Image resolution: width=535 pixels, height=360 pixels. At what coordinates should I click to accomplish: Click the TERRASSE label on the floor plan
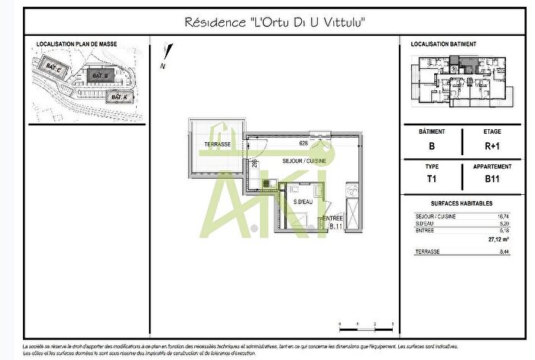(x=218, y=144)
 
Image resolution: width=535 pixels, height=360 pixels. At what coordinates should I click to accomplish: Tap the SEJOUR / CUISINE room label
(x=304, y=161)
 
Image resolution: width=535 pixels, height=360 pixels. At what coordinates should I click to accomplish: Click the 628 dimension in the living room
(x=303, y=143)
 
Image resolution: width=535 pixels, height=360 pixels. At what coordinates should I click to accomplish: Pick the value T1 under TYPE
(x=433, y=180)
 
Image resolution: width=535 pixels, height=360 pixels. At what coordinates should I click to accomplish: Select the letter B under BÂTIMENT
(x=433, y=146)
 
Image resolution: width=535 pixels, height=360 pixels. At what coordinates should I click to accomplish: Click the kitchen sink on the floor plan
(x=267, y=183)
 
